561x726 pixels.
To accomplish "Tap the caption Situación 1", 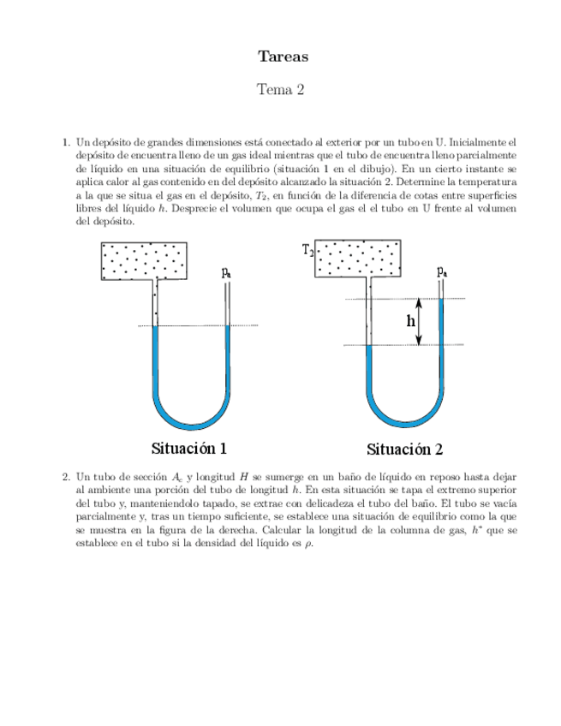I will click(189, 448).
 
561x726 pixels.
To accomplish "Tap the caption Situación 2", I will click(405, 449).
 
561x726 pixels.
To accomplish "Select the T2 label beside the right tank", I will click(308, 250).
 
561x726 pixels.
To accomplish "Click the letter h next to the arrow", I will click(411, 321).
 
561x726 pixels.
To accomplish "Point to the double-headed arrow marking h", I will click(419, 322).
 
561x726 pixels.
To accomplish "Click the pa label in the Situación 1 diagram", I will click(226, 272).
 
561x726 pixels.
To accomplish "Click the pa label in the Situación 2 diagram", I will click(441, 271).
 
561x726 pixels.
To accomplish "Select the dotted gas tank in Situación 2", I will click(359, 259).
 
